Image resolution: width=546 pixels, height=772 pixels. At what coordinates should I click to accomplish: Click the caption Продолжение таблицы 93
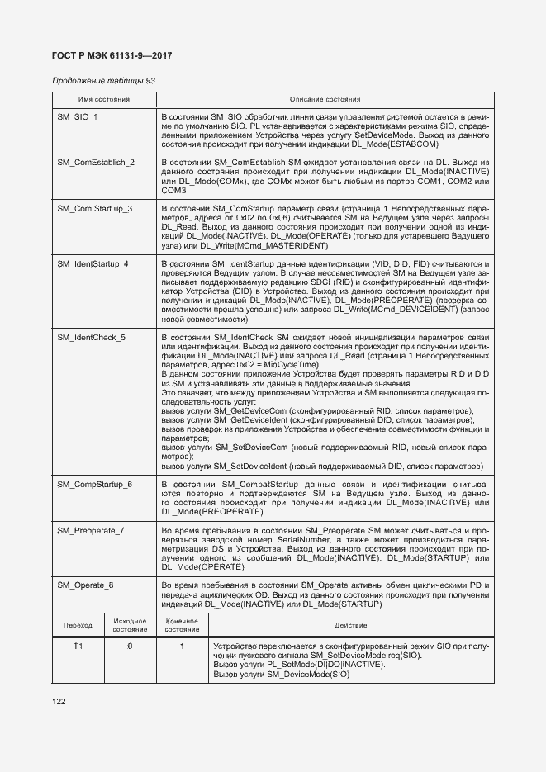pyautogui.click(x=103, y=81)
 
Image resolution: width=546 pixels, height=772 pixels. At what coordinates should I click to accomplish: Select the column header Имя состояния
pyautogui.click(x=104, y=99)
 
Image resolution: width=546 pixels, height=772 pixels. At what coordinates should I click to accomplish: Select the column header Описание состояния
pyautogui.click(x=325, y=99)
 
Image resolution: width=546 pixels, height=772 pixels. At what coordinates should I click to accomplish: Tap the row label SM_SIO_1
pyautogui.click(x=78, y=117)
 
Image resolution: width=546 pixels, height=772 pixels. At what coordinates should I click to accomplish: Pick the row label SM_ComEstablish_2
pyautogui.click(x=96, y=162)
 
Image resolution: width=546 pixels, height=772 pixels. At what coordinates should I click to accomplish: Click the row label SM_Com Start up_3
pyautogui.click(x=94, y=207)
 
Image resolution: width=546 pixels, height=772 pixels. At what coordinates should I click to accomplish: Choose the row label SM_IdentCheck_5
pyautogui.click(x=92, y=338)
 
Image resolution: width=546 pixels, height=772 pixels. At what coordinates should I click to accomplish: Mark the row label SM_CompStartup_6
pyautogui.click(x=94, y=483)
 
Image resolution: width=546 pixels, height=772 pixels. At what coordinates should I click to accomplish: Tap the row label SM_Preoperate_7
pyautogui.click(x=92, y=529)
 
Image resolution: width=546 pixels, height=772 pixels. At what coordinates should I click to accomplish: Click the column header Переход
pyautogui.click(x=78, y=625)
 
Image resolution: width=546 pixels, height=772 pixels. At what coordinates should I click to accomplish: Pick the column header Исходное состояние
pyautogui.click(x=130, y=625)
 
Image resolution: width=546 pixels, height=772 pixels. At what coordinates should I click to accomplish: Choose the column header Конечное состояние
pyautogui.click(x=182, y=625)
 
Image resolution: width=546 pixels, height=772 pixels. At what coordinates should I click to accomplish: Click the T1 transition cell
pyautogui.click(x=78, y=646)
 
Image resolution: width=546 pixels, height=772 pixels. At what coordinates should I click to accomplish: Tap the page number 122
pyautogui.click(x=59, y=701)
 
